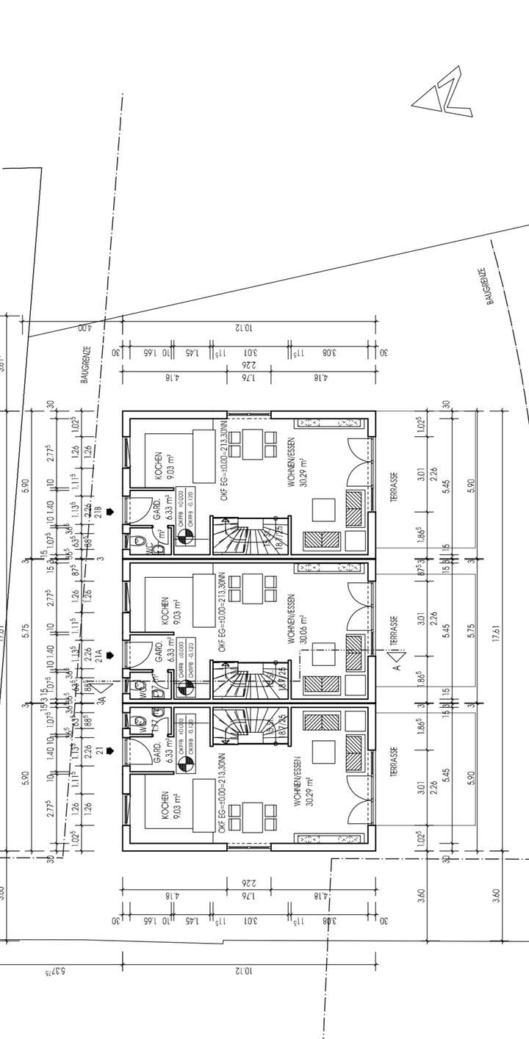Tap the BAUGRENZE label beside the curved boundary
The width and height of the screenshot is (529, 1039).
coord(489,286)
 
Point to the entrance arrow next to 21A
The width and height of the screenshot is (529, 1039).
coord(110,655)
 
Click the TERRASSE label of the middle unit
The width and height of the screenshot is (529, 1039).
coord(395,631)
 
